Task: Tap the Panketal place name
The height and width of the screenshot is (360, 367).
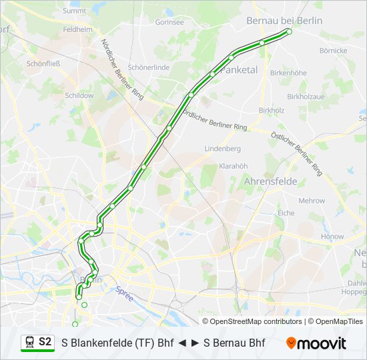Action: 239,69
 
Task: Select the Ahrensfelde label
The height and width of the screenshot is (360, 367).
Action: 270,181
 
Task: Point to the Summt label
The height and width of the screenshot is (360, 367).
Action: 74,11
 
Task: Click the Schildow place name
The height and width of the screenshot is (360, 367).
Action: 79,95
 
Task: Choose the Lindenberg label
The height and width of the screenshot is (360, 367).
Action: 222,148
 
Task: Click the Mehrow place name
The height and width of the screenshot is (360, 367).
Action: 312,200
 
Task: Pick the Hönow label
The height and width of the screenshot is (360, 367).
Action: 332,236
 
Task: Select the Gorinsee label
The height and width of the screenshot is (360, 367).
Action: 169,22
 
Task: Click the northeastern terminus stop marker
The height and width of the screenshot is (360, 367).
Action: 289,31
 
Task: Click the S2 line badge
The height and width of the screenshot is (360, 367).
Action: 45,342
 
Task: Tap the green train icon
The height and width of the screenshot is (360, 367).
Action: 30,342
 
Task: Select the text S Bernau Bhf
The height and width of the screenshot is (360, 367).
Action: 234,343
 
